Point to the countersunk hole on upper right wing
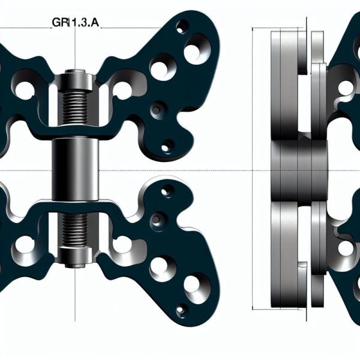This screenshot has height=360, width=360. [158, 109]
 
